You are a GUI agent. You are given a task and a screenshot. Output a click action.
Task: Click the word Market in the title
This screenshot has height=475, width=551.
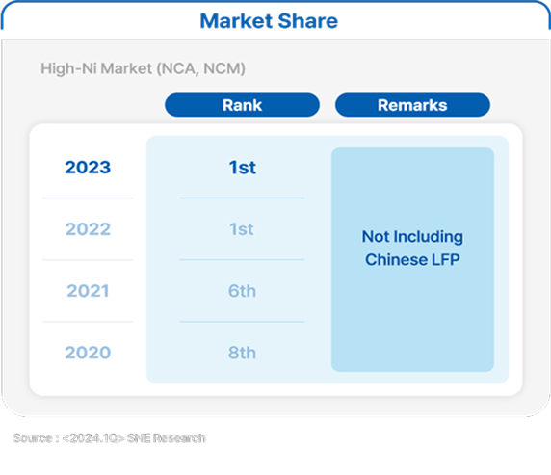tap(236, 21)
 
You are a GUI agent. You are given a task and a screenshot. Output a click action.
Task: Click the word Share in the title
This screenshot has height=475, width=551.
tap(308, 21)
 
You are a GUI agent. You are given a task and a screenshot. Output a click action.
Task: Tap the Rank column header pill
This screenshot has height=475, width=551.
tap(242, 105)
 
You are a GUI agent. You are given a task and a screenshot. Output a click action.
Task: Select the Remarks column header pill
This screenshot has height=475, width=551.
tap(412, 105)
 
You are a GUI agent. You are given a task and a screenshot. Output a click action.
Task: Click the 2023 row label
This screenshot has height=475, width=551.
tap(88, 168)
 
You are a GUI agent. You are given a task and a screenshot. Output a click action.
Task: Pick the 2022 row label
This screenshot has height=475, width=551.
tap(88, 229)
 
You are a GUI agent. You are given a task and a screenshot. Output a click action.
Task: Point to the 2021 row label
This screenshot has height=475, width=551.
tap(88, 291)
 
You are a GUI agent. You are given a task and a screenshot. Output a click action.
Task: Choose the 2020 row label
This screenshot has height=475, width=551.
tap(88, 353)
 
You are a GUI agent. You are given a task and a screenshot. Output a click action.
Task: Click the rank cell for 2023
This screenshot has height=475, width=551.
tap(242, 168)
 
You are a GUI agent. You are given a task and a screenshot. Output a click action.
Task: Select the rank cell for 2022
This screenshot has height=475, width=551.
tap(242, 229)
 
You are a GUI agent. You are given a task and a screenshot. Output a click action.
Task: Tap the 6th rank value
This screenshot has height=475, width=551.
tap(242, 291)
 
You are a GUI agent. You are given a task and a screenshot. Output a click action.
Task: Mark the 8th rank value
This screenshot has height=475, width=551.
tap(242, 353)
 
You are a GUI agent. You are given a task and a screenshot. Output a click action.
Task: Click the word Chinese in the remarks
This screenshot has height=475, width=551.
tap(396, 260)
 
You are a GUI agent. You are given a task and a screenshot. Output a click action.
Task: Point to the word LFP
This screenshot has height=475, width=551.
tap(446, 260)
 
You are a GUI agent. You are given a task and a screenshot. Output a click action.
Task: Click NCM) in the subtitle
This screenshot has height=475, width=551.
tap(224, 69)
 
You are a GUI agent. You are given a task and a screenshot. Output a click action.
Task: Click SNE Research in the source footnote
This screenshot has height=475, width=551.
tap(167, 438)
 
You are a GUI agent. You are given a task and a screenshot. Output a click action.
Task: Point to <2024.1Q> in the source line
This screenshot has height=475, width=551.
tap(93, 438)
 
